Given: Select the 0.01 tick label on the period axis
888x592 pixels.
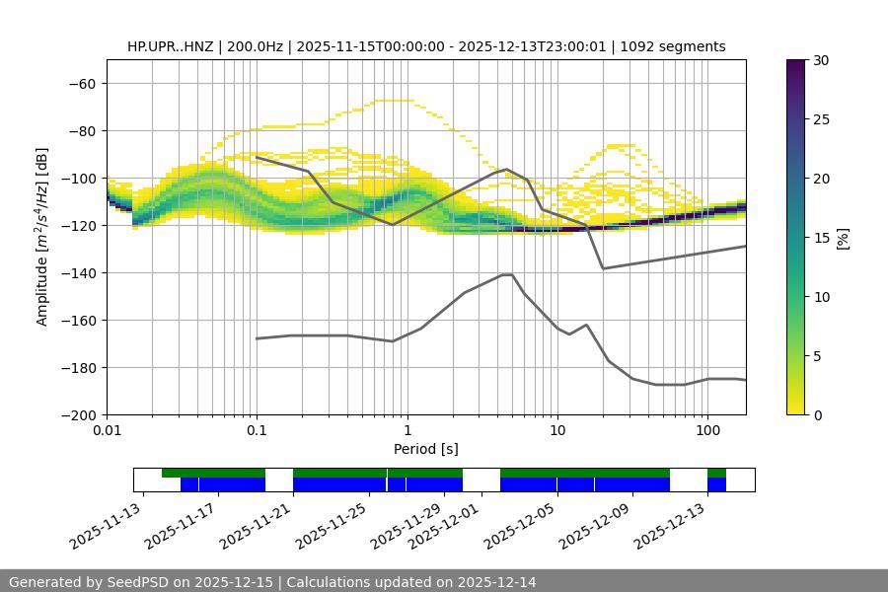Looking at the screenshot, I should [x=107, y=431].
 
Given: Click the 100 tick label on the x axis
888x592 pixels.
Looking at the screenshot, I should [x=707, y=431].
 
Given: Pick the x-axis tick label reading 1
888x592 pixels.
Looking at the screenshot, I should [x=407, y=431].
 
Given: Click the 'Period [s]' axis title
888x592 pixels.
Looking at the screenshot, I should [x=425, y=449].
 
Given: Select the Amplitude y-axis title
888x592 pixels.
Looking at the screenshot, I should [x=42, y=237].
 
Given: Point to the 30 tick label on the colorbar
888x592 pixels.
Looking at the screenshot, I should [x=821, y=60].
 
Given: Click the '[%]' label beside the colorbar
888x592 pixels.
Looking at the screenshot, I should [x=843, y=238].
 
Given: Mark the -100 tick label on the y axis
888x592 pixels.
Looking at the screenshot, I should [x=80, y=178].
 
